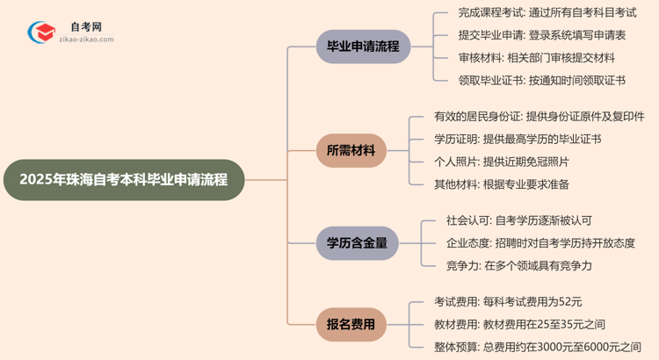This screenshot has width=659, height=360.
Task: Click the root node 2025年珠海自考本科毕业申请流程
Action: [122, 180]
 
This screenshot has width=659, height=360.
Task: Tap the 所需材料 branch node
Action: [351, 151]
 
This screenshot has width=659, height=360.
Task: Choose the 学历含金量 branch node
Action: [357, 243]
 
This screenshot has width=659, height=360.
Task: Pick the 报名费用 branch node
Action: [351, 324]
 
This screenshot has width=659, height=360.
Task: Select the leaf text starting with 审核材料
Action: [536, 58]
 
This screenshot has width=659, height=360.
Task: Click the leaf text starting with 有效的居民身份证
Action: [539, 117]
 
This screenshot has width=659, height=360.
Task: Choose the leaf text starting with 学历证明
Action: [518, 140]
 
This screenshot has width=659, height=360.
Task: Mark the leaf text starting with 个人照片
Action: [501, 162]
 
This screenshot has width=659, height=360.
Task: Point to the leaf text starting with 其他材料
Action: [501, 185]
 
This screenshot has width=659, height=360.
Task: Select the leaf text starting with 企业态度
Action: [540, 243]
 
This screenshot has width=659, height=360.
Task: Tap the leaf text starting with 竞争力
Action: [518, 266]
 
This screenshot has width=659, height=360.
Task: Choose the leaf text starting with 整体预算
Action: [537, 347]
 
